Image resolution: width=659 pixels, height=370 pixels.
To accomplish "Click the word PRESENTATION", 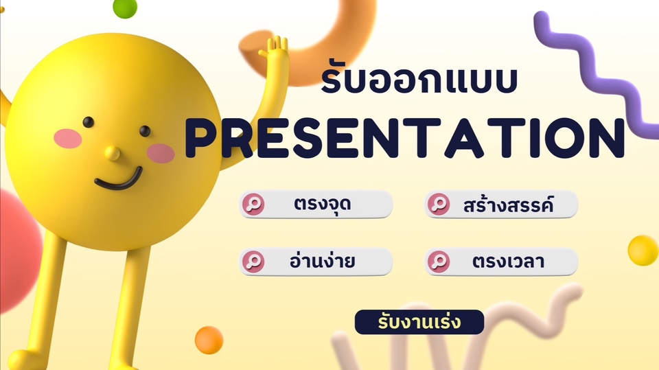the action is pyautogui.click(x=405, y=138).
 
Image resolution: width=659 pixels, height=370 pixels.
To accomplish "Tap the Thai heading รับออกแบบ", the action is pyautogui.click(x=419, y=79).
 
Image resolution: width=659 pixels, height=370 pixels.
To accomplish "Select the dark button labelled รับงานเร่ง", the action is pyautogui.click(x=419, y=322).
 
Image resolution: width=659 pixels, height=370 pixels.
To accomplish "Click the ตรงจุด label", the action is pyautogui.click(x=323, y=205).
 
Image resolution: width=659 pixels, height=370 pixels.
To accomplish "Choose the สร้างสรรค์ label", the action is pyautogui.click(x=508, y=205).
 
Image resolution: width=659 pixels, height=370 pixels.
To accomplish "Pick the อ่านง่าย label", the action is pyautogui.click(x=323, y=260).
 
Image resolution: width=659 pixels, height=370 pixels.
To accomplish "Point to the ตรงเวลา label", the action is pyautogui.click(x=509, y=262).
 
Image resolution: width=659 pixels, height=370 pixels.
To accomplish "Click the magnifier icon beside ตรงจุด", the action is pyautogui.click(x=253, y=205).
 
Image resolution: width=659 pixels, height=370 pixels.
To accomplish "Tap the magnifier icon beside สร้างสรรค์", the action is pyautogui.click(x=439, y=205).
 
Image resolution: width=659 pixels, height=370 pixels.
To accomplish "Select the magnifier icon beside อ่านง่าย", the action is pyautogui.click(x=253, y=262).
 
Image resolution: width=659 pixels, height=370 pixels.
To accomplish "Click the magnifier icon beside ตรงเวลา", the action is pyautogui.click(x=439, y=262).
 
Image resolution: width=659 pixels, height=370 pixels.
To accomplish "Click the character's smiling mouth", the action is pyautogui.click(x=119, y=181).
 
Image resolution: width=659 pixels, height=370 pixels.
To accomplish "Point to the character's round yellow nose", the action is pyautogui.click(x=112, y=153).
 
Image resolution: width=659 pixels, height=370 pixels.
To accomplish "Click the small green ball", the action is pyautogui.click(x=125, y=8).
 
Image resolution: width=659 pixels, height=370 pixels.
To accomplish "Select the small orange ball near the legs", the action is pyautogui.click(x=209, y=340).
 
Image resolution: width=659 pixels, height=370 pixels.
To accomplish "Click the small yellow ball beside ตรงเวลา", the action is pyautogui.click(x=643, y=251).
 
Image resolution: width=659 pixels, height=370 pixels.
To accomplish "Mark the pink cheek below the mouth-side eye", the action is pyautogui.click(x=161, y=153).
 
